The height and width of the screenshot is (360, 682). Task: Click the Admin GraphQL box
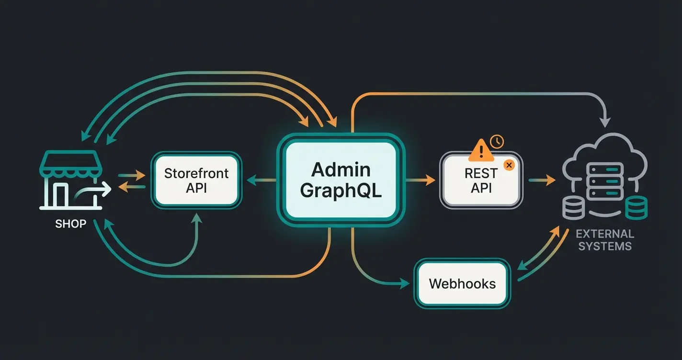point(341,181)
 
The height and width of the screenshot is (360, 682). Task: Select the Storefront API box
point(196,180)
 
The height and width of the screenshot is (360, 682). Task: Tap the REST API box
point(481,180)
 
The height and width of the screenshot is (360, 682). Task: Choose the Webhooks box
point(462,283)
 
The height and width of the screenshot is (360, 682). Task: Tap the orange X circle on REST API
point(509,165)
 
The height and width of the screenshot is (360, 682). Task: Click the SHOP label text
point(70,224)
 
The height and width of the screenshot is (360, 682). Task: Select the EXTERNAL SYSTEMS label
point(605,240)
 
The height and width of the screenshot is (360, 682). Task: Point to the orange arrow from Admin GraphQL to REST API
point(421,180)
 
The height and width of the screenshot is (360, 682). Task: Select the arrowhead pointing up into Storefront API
point(196,218)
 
